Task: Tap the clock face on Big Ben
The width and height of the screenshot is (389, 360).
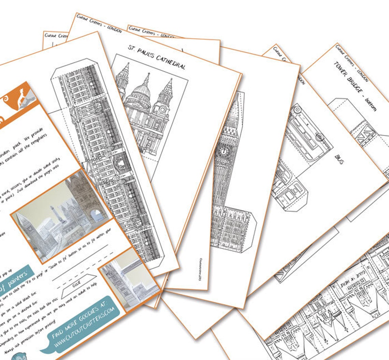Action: (x=225, y=151)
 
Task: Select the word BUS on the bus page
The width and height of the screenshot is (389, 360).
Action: (x=339, y=159)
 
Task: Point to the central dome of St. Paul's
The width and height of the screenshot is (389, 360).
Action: (x=143, y=91)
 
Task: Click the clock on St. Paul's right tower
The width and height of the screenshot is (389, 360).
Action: (x=162, y=111)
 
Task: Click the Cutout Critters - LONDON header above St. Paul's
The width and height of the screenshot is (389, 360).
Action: (x=99, y=24)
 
